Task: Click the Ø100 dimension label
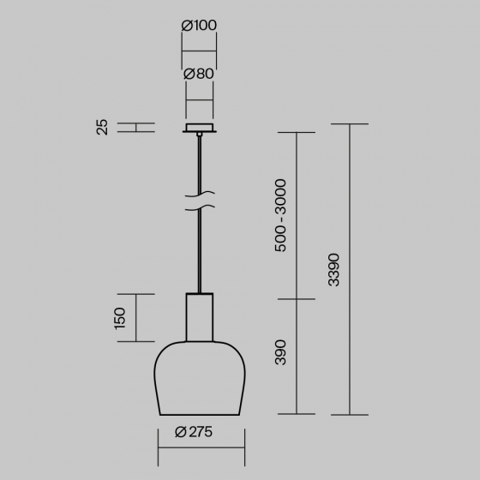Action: click(x=199, y=26)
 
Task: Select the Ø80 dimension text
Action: click(x=199, y=74)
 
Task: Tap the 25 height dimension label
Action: click(x=102, y=128)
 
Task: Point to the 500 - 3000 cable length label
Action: click(x=280, y=215)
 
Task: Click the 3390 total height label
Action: click(x=333, y=270)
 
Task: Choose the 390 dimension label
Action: click(x=280, y=352)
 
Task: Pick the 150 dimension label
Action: click(x=120, y=319)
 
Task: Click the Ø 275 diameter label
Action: click(x=194, y=432)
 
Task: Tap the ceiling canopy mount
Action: click(x=200, y=128)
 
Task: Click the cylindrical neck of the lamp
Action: click(x=200, y=317)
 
